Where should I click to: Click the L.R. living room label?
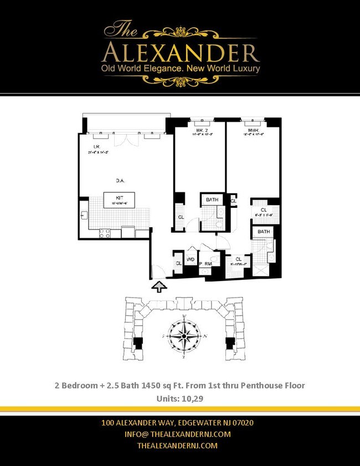click(x=96, y=147)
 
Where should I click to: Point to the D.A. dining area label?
click(x=119, y=180)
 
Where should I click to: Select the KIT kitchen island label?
click(x=119, y=197)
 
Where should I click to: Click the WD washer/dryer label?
click(x=190, y=259)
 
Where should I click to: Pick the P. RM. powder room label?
click(x=207, y=264)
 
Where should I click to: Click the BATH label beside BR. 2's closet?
click(x=212, y=199)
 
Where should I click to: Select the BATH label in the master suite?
click(x=263, y=232)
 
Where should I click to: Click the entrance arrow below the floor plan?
click(x=160, y=286)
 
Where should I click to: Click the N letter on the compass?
click(x=205, y=336)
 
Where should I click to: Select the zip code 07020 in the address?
click(x=243, y=423)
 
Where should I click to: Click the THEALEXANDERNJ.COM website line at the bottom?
click(x=177, y=445)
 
